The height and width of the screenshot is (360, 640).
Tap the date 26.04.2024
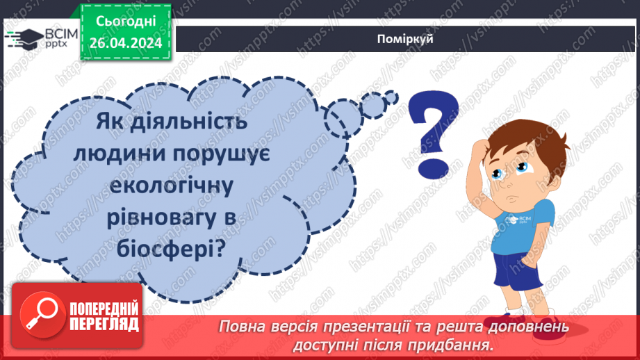click(125, 44)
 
